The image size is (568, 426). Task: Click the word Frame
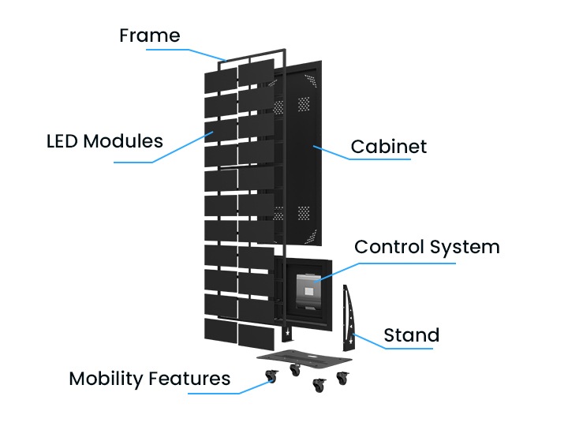149,35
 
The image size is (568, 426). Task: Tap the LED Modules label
105,141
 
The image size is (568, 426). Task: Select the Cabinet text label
388,146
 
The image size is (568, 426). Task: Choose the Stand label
411,335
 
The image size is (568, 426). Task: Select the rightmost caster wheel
343,379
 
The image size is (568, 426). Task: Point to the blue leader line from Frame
189,51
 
